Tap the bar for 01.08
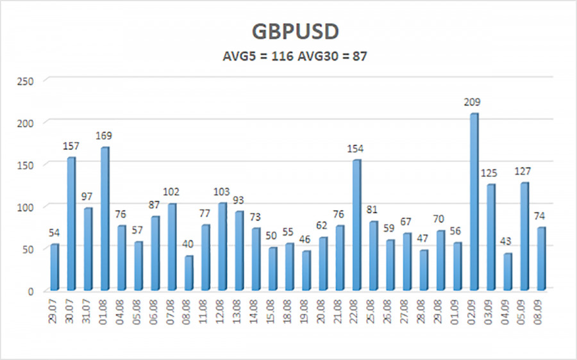[x=105, y=218]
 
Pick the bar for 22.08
[x=356, y=225]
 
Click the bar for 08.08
[x=188, y=273]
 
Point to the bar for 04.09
[x=508, y=272]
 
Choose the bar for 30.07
[x=71, y=224]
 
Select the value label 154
[x=356, y=149]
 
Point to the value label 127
[x=524, y=171]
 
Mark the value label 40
[x=188, y=244]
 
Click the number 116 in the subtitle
[x=283, y=56]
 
